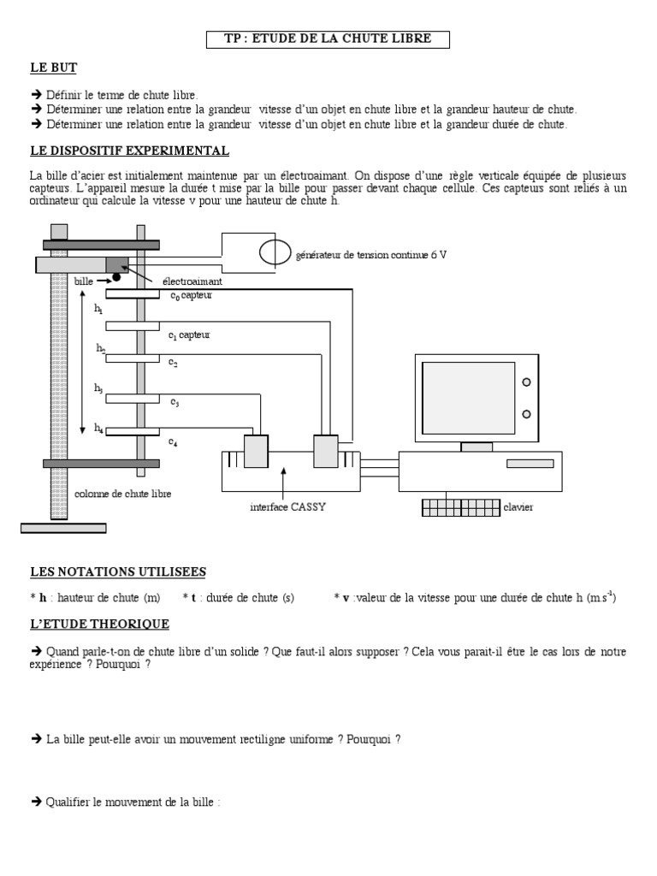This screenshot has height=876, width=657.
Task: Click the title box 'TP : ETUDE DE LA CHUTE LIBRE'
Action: [x=328, y=38]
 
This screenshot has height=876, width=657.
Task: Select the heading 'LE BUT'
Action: [x=53, y=68]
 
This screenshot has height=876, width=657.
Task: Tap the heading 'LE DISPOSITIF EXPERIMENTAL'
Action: [x=129, y=151]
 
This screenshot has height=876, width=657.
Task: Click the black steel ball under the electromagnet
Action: [x=115, y=277]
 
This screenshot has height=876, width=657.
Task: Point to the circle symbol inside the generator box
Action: [x=275, y=252]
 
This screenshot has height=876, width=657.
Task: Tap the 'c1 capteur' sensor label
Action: [x=189, y=335]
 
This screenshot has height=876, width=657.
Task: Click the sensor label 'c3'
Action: [x=175, y=401]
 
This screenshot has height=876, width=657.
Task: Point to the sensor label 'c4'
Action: [x=174, y=441]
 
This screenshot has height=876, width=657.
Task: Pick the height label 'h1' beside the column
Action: [x=98, y=309]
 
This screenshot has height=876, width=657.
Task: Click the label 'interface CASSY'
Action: [x=288, y=507]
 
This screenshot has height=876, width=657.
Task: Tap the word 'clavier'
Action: [x=518, y=507]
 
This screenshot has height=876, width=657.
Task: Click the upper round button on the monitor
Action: [x=527, y=382]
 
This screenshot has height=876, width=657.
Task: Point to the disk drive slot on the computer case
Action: [x=530, y=463]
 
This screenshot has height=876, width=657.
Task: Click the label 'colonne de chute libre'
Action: [x=123, y=494]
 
